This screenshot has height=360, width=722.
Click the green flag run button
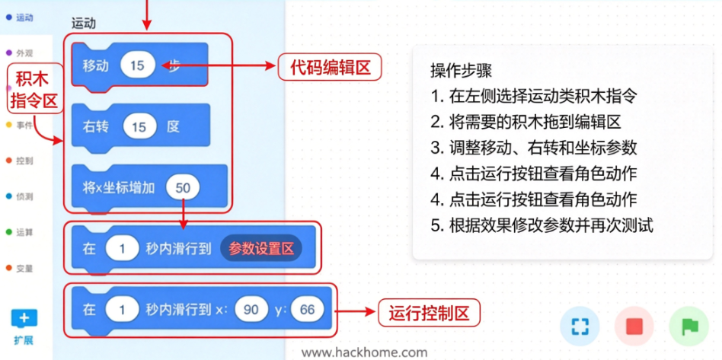click(x=689, y=327)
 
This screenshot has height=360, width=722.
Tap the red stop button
click(x=634, y=327)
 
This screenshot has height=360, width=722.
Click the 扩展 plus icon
click(x=24, y=319)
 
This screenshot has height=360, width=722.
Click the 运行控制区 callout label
click(x=429, y=314)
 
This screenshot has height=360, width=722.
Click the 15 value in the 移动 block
click(x=137, y=65)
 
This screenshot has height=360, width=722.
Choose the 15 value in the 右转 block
click(x=139, y=127)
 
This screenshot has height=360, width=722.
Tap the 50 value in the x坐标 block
click(x=183, y=188)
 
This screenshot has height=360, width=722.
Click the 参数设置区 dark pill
click(x=260, y=249)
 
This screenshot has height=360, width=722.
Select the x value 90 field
click(x=251, y=310)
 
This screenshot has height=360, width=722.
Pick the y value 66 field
click(x=307, y=310)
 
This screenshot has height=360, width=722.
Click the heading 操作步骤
click(x=461, y=71)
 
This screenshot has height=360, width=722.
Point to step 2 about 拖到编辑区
click(x=526, y=123)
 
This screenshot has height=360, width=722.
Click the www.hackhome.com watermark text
click(x=364, y=352)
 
